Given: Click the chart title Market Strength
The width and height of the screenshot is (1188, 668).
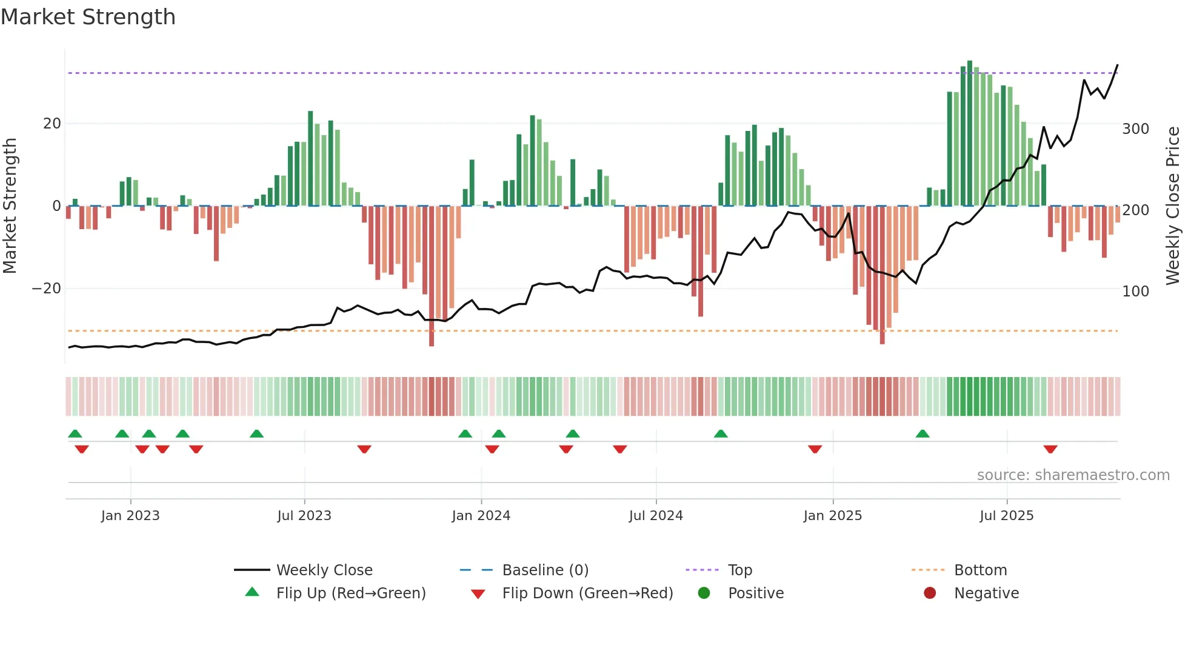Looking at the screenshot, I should pyautogui.click(x=88, y=17).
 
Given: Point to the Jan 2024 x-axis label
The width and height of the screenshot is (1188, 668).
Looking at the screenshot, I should pyautogui.click(x=481, y=516).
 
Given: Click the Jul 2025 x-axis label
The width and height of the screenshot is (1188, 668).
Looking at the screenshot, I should pyautogui.click(x=1006, y=516).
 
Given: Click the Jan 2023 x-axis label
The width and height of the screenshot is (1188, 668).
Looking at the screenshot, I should pyautogui.click(x=130, y=516).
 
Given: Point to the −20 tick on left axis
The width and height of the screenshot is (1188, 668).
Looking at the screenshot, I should pyautogui.click(x=47, y=289).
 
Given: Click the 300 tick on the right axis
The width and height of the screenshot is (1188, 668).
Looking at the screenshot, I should pyautogui.click(x=1135, y=129).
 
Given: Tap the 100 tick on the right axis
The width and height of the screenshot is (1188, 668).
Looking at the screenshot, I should pyautogui.click(x=1135, y=292).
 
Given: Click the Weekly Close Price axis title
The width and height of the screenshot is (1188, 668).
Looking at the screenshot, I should pyautogui.click(x=1173, y=206).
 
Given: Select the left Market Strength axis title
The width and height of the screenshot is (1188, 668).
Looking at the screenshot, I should pyautogui.click(x=10, y=206).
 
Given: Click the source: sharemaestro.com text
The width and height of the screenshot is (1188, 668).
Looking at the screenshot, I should pyautogui.click(x=1073, y=475).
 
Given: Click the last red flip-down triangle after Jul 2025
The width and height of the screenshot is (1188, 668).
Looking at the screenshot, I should pyautogui.click(x=1050, y=449).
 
